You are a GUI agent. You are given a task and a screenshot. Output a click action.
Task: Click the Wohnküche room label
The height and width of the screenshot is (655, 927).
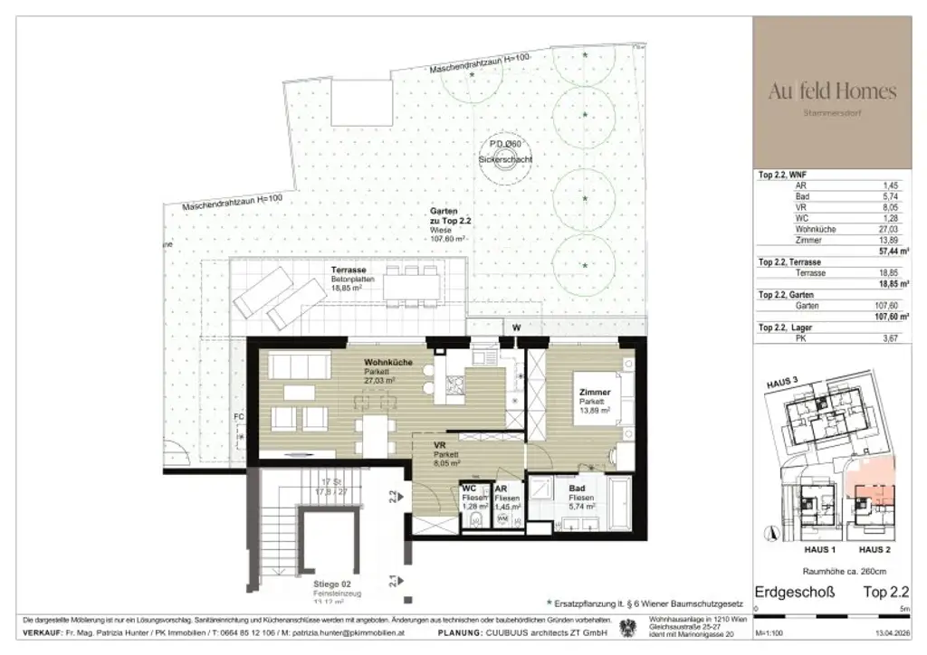pyautogui.click(x=388, y=362)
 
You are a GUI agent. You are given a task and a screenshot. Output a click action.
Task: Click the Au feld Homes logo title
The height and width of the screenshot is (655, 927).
pyautogui.click(x=832, y=90)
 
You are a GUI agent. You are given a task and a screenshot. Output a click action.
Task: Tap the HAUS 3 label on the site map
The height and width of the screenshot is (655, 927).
pyautogui.click(x=781, y=383)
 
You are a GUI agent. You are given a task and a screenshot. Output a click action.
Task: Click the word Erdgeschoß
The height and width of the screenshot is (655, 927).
pyautogui.click(x=795, y=593)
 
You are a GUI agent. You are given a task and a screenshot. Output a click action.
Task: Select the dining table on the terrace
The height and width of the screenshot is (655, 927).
pyautogui.click(x=411, y=289)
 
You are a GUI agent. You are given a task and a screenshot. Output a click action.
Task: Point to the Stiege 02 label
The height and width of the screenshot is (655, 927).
pyautogui.click(x=320, y=584)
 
